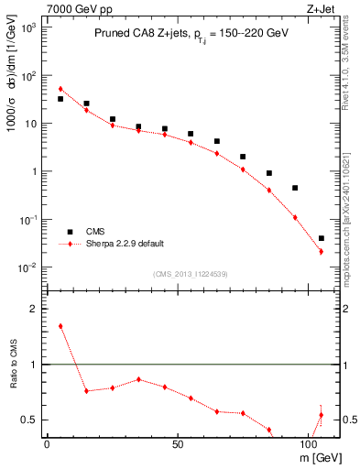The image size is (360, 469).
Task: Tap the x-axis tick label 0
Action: (x=47, y=443)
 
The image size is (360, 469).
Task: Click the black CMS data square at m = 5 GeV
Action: (x=60, y=99)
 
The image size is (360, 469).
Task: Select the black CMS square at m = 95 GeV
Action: (x=295, y=188)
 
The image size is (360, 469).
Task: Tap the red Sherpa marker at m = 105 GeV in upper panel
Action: (x=321, y=251)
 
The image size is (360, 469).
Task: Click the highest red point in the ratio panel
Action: (x=60, y=326)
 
